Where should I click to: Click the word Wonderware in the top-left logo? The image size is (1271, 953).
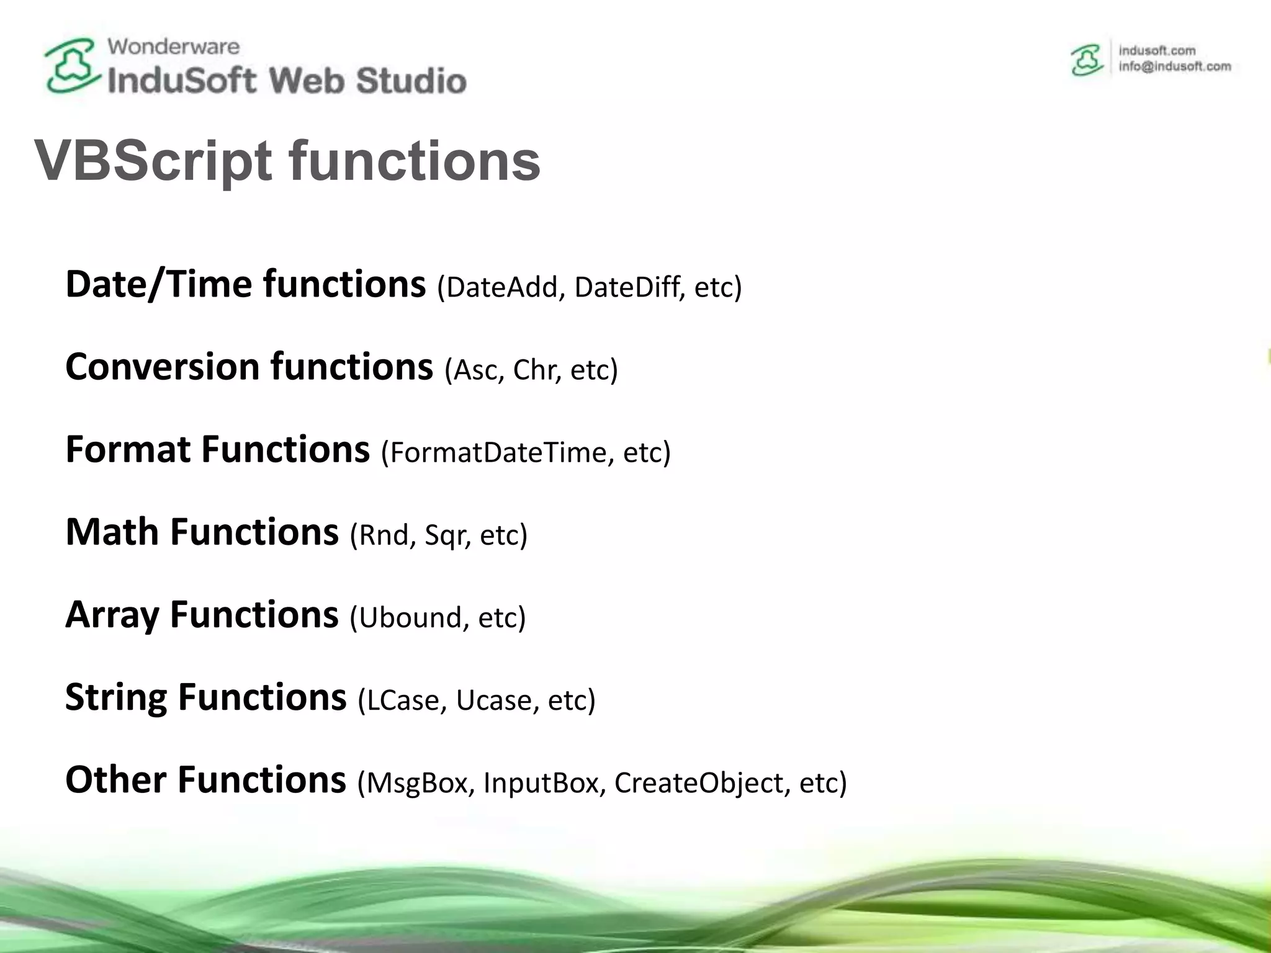[173, 47]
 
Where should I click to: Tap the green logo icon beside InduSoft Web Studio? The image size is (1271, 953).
[71, 66]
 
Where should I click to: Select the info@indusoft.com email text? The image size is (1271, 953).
[1174, 67]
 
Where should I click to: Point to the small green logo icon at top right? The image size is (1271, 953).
[1087, 61]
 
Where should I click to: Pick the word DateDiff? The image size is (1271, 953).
[627, 287]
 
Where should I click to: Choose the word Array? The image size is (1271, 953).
[112, 615]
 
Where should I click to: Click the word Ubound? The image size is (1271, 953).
[410, 617]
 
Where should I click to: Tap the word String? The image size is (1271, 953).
[116, 698]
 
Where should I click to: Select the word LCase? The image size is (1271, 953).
[403, 700]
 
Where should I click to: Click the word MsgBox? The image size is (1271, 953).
[416, 783]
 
